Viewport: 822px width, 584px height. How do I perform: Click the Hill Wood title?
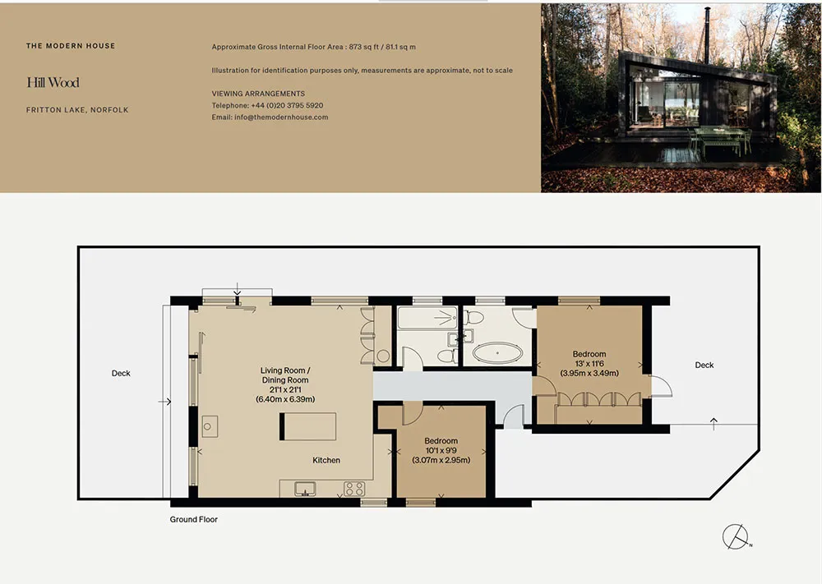point(53,82)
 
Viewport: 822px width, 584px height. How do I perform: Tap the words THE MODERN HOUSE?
point(71,45)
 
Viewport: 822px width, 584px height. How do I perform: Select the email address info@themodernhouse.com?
point(281,117)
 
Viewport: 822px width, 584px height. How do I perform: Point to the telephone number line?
point(267,105)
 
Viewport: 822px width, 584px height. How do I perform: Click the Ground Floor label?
point(193,519)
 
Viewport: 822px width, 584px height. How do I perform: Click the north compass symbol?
point(736,537)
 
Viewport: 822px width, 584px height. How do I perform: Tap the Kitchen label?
point(326,460)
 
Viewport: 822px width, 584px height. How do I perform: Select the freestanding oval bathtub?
point(497,353)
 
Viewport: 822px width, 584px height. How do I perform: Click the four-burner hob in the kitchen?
point(354,489)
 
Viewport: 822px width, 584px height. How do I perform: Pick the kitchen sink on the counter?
point(305,489)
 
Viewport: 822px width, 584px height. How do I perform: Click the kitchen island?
point(307,426)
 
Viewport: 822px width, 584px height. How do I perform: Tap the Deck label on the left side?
point(121,373)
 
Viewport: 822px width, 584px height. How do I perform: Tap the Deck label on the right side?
point(704,365)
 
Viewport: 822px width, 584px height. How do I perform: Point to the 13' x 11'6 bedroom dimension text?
point(589,364)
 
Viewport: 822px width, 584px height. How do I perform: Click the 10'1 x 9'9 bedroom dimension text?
point(441,450)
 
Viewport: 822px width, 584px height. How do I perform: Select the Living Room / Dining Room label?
point(285,375)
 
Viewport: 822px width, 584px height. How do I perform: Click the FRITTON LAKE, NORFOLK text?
point(77,110)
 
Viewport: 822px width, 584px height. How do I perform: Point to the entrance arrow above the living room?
point(237,289)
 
